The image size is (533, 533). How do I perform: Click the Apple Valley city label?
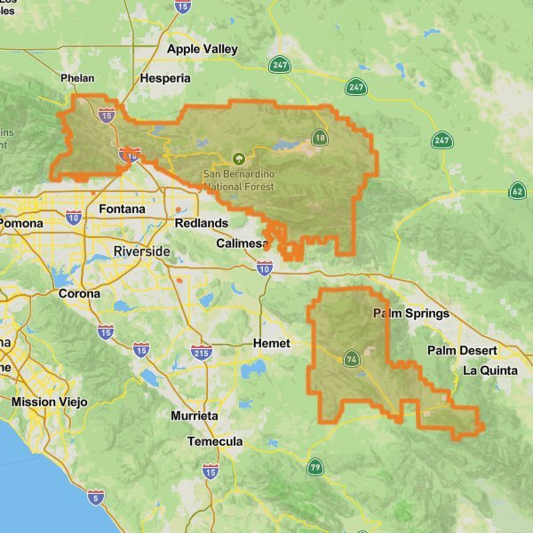[x=202, y=49]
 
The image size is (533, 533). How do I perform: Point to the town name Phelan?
[x=76, y=78]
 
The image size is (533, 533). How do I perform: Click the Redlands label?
[x=201, y=223]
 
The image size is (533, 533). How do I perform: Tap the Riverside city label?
[x=141, y=251]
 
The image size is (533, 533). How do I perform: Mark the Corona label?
[x=79, y=293]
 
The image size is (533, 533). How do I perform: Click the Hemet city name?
[x=271, y=342]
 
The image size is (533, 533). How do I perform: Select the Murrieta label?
[x=194, y=415]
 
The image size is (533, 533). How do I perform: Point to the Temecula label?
[x=215, y=442]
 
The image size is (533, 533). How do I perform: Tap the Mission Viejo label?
[x=50, y=402]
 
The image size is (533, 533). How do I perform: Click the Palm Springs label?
[x=410, y=314]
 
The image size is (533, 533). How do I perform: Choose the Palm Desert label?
[x=459, y=350]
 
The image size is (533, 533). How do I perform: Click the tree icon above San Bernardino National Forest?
[x=237, y=159]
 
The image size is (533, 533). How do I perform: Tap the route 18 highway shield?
[x=319, y=137]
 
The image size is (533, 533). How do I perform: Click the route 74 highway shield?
[x=352, y=359]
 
